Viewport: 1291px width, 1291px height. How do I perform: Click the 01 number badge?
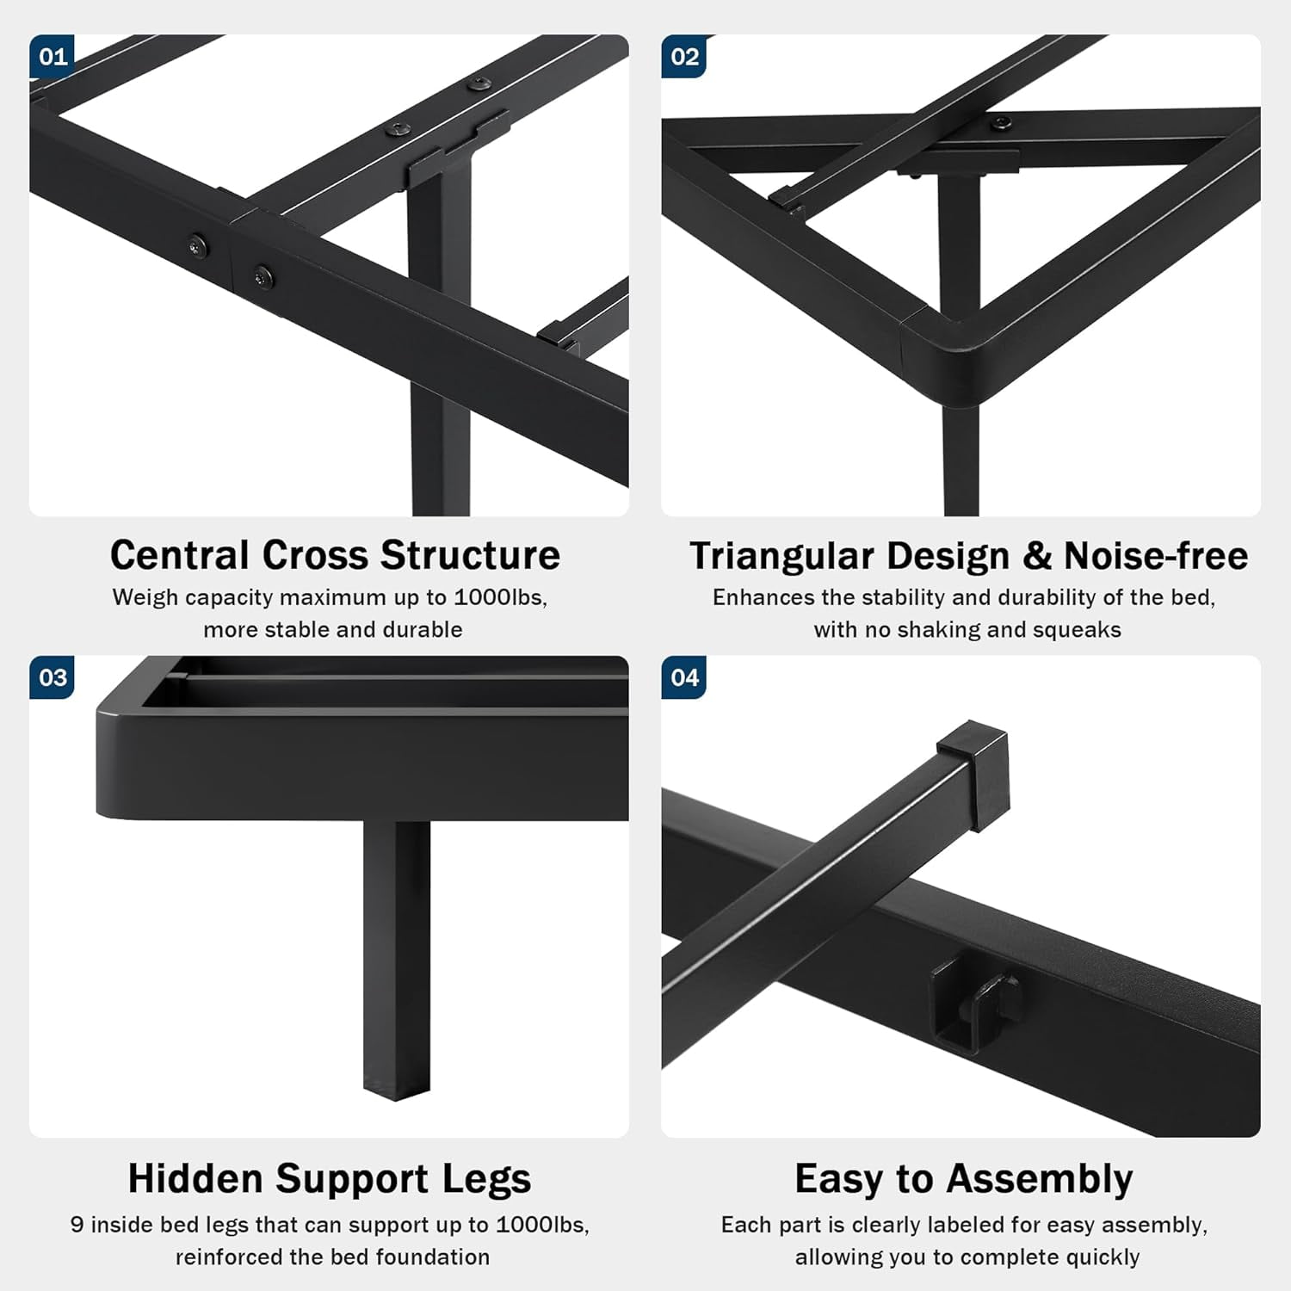coord(52,56)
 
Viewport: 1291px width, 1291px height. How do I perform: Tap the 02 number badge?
coord(684,56)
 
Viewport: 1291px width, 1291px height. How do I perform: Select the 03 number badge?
coord(52,677)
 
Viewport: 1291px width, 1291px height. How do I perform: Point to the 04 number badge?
coord(684,677)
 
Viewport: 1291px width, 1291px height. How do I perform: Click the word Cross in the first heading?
coord(316,555)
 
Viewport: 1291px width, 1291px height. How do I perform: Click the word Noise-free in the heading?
coord(1156,556)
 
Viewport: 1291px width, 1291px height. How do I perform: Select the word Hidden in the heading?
coord(195,1178)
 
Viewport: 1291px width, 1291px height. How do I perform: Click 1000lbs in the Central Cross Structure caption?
coord(500,597)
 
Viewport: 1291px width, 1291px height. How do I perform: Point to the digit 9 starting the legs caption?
coord(77,1225)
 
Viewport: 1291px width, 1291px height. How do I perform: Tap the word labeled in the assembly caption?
coord(961,1225)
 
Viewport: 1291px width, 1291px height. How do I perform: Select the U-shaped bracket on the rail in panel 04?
coord(977,1004)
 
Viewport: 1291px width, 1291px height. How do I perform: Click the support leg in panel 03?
coord(396,958)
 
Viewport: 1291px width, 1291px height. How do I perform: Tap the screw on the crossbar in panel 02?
coord(999,123)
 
